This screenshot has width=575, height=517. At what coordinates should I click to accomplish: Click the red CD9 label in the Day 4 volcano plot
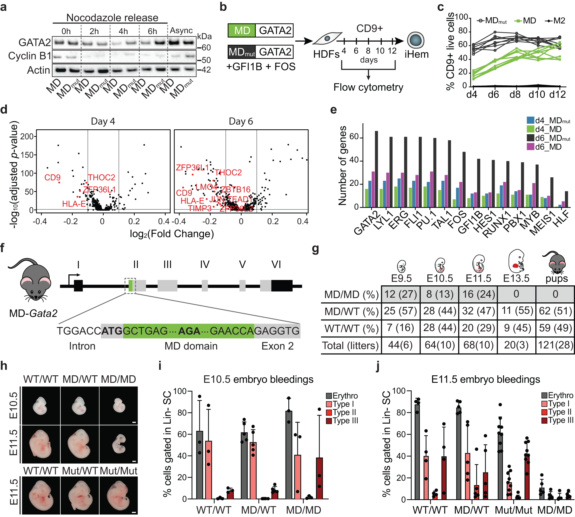click(x=52, y=177)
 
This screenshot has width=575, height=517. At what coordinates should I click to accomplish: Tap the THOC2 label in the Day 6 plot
click(x=228, y=172)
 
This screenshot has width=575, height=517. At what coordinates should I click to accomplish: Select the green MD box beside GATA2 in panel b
click(x=242, y=30)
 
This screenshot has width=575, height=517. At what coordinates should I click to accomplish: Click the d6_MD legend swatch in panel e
click(x=530, y=147)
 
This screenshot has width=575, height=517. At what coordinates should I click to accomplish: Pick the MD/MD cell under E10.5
click(x=439, y=294)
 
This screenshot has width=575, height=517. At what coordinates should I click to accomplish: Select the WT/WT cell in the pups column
click(x=555, y=328)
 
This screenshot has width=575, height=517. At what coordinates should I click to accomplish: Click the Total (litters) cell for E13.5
click(x=516, y=345)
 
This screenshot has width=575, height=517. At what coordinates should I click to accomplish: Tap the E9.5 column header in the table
click(x=401, y=278)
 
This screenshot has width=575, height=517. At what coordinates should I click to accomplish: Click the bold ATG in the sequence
click(x=112, y=331)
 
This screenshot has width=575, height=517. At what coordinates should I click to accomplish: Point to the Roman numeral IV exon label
click(x=205, y=264)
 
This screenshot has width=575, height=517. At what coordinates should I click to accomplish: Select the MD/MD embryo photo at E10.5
click(x=119, y=405)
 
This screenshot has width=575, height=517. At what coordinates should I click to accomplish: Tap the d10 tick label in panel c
click(x=537, y=94)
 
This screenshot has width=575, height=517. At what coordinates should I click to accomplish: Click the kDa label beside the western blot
click(x=204, y=36)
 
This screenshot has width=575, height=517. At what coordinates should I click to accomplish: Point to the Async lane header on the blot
click(x=181, y=30)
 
